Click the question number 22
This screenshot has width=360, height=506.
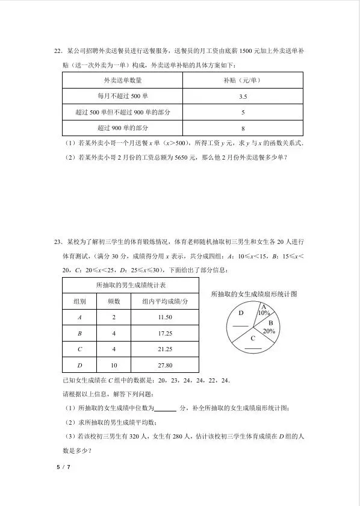[58, 51]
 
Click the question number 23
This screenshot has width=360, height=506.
[58, 242]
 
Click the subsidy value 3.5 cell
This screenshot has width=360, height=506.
[243, 96]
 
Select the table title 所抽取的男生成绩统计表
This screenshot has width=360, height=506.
[131, 284]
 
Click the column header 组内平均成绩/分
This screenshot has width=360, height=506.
[165, 301]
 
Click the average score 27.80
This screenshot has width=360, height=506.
[165, 365]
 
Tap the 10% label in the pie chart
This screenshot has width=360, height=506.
[264, 313]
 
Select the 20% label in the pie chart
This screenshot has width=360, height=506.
[269, 331]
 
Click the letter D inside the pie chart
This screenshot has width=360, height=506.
[240, 314]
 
